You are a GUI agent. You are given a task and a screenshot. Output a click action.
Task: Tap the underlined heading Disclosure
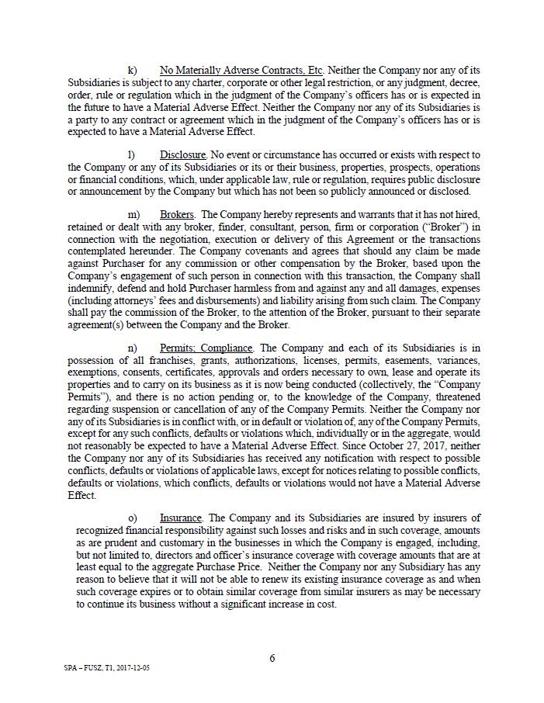tap(183, 155)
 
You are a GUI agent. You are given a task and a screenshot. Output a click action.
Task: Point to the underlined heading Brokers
tap(178, 214)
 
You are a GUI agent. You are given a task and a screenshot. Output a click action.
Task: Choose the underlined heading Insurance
tap(181, 518)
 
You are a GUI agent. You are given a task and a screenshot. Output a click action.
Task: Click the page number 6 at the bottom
tap(272, 659)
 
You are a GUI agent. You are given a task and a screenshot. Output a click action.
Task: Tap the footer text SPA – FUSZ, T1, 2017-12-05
tap(107, 667)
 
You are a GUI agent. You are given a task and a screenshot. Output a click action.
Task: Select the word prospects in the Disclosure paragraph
tap(377, 168)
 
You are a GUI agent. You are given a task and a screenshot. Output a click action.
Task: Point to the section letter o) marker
tap(132, 518)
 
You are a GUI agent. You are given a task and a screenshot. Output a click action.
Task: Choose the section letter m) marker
tap(133, 214)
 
